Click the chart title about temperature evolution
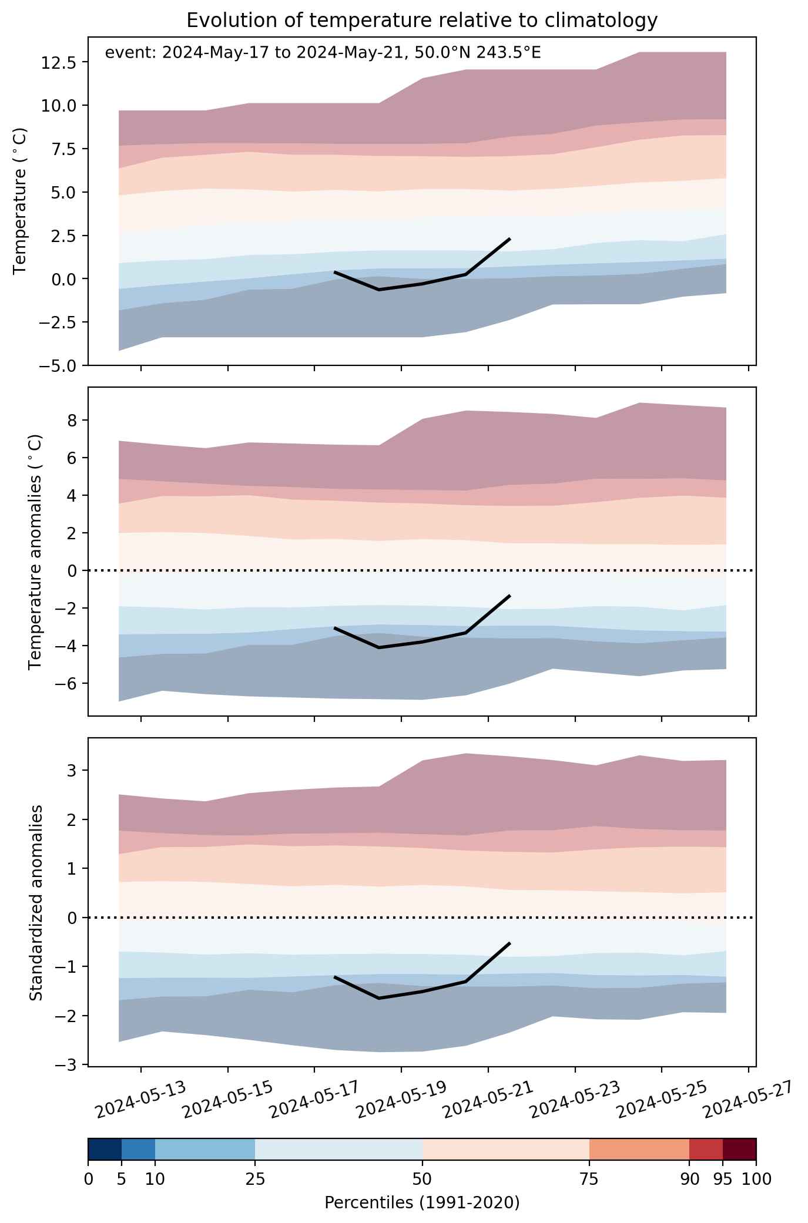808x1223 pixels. pos(421,21)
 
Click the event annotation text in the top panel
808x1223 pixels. pos(323,53)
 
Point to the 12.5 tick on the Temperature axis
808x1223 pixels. pos(58,62)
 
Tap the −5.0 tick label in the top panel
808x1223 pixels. pos(58,365)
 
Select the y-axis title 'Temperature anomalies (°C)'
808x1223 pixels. pos(36,552)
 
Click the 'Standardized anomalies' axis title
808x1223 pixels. pos(36,903)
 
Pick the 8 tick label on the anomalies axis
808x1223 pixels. pos(72,420)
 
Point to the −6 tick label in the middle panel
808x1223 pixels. pos(66,683)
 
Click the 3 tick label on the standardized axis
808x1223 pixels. pos(72,770)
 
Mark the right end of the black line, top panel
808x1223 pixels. pos(509,239)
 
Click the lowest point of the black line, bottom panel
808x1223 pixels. pos(379,998)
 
